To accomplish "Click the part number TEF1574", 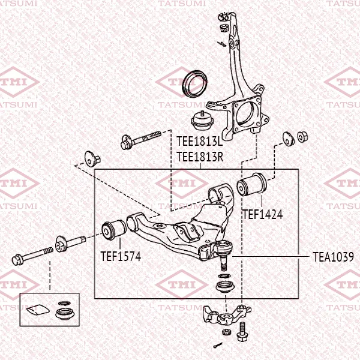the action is click(x=121, y=256).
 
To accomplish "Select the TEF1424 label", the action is click(x=263, y=214).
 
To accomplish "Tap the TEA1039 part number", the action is click(x=334, y=257).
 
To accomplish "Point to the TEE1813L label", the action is click(x=200, y=141).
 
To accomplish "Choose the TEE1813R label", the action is click(x=200, y=157).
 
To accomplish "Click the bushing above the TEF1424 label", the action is click(x=252, y=184).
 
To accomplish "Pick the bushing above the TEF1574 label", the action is click(x=114, y=230).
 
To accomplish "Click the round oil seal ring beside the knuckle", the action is click(x=195, y=84).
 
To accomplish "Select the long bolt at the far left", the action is click(x=32, y=256).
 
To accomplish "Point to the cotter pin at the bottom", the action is click(x=218, y=345).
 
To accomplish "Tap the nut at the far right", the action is click(x=302, y=137).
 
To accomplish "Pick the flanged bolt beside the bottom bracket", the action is click(x=242, y=332).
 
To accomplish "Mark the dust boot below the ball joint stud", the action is click(x=225, y=287).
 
